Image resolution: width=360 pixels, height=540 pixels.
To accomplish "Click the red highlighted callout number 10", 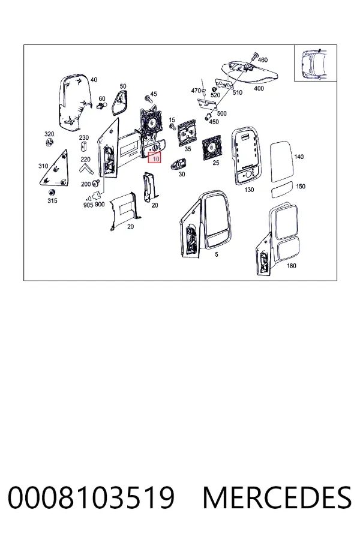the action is coord(155,158).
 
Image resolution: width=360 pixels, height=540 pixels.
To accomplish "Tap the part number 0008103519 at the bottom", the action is coord(91,497).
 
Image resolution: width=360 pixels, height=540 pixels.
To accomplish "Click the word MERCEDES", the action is coord(277,497).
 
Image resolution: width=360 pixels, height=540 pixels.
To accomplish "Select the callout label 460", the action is coord(263,60).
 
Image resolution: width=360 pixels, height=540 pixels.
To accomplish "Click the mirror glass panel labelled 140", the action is coord(281,162).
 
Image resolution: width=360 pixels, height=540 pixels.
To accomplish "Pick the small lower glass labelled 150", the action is coord(283,190).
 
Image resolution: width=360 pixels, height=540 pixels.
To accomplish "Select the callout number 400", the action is coord(259,89).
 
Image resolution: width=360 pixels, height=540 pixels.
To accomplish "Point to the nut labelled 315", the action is coord(52,192).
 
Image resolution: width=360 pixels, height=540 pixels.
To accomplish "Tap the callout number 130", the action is coord(249,190).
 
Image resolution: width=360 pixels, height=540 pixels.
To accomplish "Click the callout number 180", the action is coord(291,266).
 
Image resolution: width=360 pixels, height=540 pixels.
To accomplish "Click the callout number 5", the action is coord(217,254).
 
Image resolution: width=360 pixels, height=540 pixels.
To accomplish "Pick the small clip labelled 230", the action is coord(84,147).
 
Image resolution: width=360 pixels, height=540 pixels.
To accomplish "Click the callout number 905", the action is coord(88,205).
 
